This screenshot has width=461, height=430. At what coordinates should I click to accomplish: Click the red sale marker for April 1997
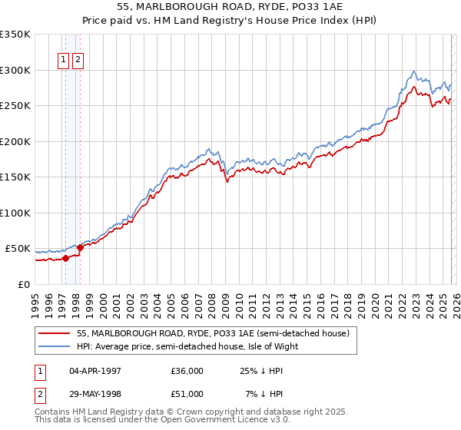pos(65,259)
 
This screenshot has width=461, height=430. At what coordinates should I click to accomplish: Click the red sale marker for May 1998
pos(81,247)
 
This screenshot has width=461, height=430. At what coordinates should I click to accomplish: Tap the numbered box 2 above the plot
pos(78,62)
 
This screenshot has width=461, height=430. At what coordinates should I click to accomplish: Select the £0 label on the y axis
pos(23,284)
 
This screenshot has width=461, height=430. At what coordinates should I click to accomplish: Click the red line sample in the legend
pos(54,333)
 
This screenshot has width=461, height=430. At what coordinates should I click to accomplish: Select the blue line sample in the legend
pos(54,346)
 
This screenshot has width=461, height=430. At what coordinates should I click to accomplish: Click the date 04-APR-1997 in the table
pos(95,371)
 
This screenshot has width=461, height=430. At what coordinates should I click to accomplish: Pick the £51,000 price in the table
pos(187,394)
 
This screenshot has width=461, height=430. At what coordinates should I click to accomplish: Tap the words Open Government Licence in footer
pos(211,422)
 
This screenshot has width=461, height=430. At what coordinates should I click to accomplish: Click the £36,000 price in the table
pos(187,371)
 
